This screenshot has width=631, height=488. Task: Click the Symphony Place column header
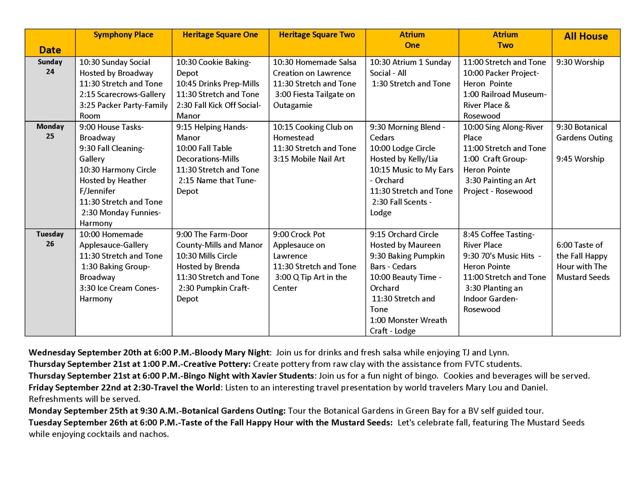tap(123, 35)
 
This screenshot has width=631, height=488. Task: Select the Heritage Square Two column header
tap(317, 35)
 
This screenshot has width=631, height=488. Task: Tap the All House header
tap(586, 37)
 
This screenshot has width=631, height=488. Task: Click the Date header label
tap(50, 50)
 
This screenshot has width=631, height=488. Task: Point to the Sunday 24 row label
tap(50, 67)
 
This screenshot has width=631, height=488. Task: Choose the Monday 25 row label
tap(50, 131)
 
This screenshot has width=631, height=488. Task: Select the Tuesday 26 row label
tap(50, 239)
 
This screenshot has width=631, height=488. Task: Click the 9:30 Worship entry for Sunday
tap(580, 62)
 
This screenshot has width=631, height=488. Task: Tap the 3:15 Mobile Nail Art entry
tap(309, 159)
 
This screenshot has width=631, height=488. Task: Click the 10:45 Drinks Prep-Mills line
tap(218, 84)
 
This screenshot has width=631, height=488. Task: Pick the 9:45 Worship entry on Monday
tap(580, 159)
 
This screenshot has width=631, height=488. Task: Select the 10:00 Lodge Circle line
tap(402, 148)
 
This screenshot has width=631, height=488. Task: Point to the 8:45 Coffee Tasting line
tap(499, 234)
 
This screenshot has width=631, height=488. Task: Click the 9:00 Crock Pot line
tap(299, 234)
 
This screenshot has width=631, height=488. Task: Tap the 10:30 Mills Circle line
tap(206, 256)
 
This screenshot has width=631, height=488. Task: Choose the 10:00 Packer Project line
tap(501, 73)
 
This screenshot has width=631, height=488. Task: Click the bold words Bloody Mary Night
tap(232, 353)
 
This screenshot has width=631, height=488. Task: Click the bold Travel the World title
tap(187, 388)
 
